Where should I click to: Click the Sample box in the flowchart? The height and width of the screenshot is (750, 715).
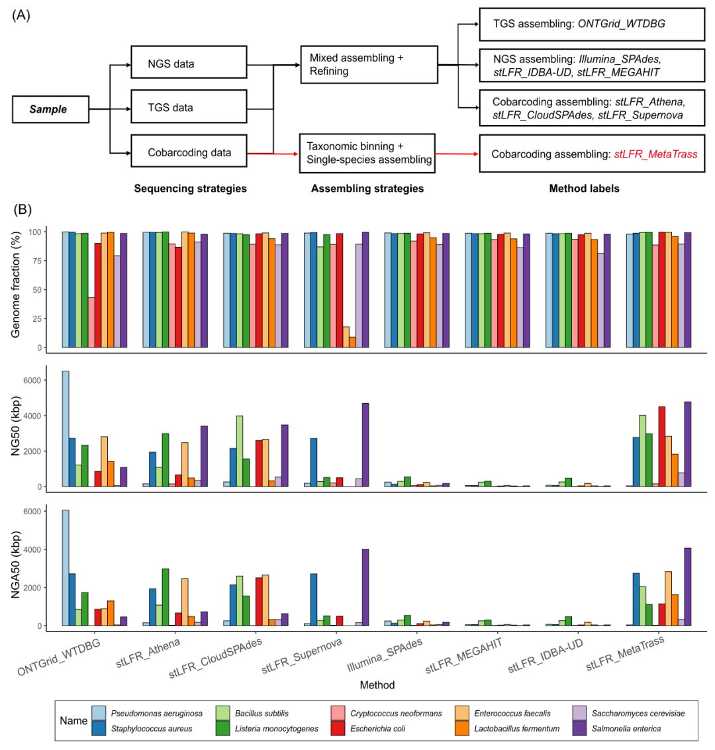tap(51, 109)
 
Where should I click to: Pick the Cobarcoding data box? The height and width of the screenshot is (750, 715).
tap(189, 153)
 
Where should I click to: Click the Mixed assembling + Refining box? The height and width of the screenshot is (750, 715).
tap(369, 64)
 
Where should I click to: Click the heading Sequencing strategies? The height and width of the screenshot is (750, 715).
tap(190, 189)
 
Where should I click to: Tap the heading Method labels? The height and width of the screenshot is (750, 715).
tap(585, 189)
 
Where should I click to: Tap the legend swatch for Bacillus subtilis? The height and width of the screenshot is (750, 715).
tap(224, 713)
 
